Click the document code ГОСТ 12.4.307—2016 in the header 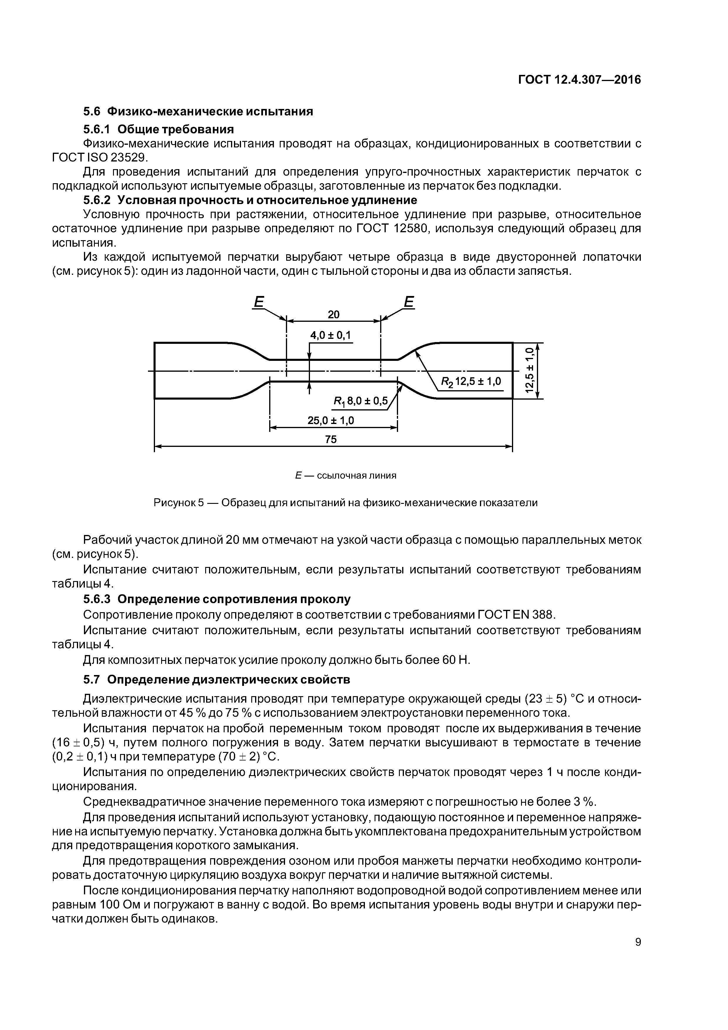[579, 80]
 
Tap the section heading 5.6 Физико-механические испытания [198, 111]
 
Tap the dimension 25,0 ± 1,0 [331, 420]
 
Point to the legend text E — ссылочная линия [346, 476]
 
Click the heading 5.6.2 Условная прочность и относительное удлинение [250, 200]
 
